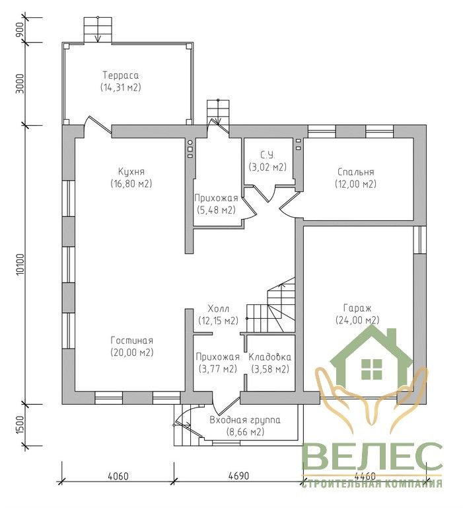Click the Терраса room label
pos(121,75)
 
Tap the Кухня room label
pos(131,171)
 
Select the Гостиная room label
pos(131,341)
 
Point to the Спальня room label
pos(355,172)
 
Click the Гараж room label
pos(357,308)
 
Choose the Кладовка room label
pos(270,357)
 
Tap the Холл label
pos(218,308)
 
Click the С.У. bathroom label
pos(267,155)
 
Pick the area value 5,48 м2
pos(216,210)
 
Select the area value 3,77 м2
pos(217,368)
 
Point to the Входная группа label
pos(245,420)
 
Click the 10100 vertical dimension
pos(20,265)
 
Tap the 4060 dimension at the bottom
pos(118,476)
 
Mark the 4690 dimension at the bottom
pos(239,476)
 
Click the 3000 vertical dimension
pos(20,83)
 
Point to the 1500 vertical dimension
pos(20,425)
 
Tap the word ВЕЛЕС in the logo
pos(372,457)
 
